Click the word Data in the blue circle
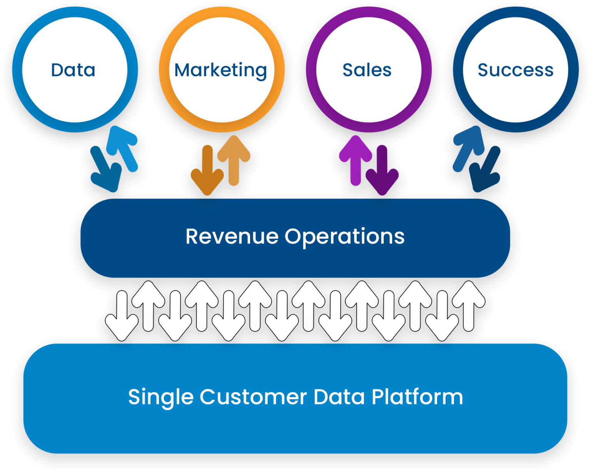(x=73, y=70)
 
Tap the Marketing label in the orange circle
(x=220, y=70)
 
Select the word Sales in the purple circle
(x=367, y=70)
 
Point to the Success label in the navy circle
(x=515, y=70)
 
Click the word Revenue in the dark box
(x=232, y=236)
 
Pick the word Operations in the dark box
(x=344, y=237)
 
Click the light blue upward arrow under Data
(x=123, y=148)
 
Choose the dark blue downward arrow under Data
(x=105, y=169)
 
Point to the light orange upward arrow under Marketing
(x=234, y=160)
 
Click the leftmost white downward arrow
(x=122, y=316)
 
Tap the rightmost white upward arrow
(x=469, y=306)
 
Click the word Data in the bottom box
(x=339, y=397)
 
